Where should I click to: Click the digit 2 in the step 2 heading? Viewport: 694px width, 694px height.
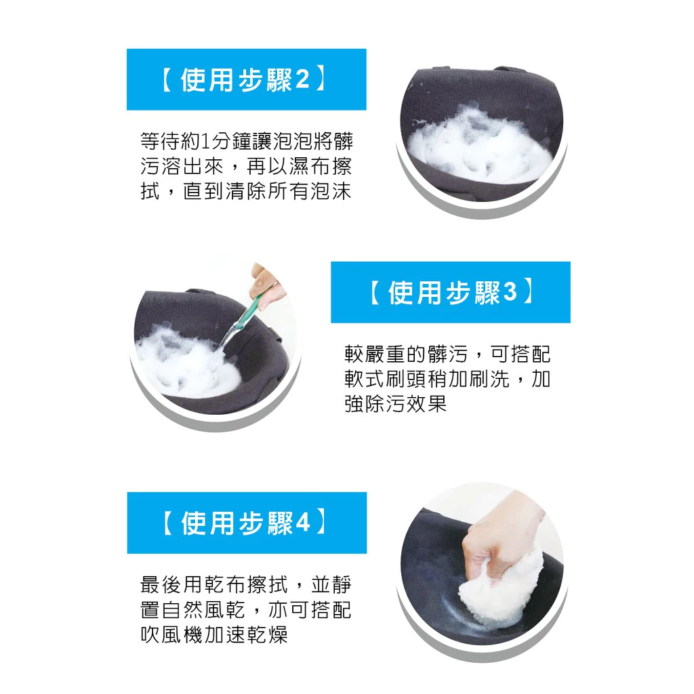(x=302, y=80)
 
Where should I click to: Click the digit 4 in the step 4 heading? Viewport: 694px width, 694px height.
(x=303, y=523)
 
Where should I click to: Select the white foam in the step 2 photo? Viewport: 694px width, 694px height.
(x=474, y=146)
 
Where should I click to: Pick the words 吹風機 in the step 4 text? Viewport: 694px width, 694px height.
(x=171, y=635)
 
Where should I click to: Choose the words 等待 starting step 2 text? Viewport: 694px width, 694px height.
(x=161, y=142)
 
